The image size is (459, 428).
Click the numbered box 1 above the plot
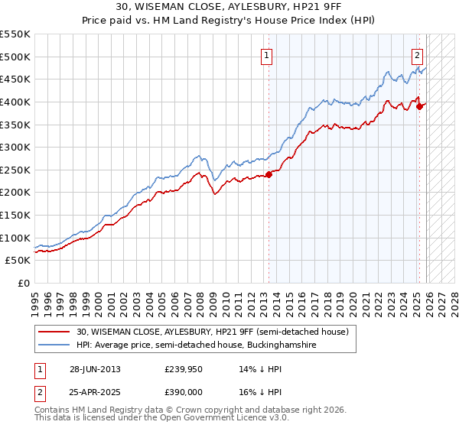(x=266, y=54)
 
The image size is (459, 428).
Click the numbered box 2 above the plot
(x=417, y=54)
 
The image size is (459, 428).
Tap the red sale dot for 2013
(x=269, y=175)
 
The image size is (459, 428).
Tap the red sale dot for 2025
(x=419, y=106)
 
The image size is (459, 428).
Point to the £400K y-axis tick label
(x=15, y=102)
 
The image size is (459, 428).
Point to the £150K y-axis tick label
(x=15, y=215)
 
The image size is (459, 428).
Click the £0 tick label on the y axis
(x=23, y=283)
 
